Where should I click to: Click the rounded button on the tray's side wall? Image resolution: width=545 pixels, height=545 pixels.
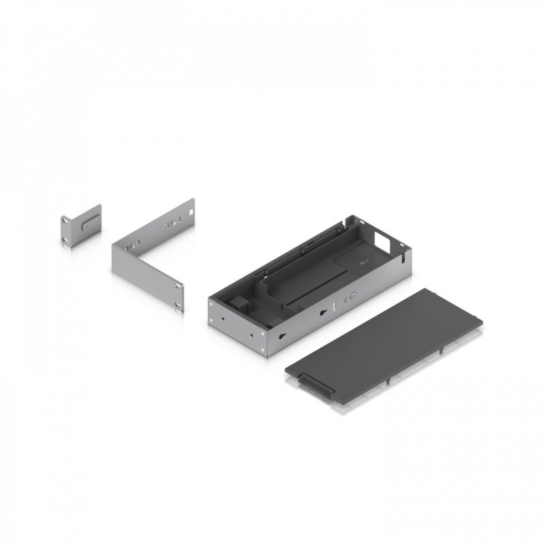[x=353, y=297]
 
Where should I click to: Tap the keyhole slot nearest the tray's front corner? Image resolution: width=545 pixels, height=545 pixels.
[x=281, y=334]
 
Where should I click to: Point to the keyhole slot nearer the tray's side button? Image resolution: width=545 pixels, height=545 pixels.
[x=323, y=313]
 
